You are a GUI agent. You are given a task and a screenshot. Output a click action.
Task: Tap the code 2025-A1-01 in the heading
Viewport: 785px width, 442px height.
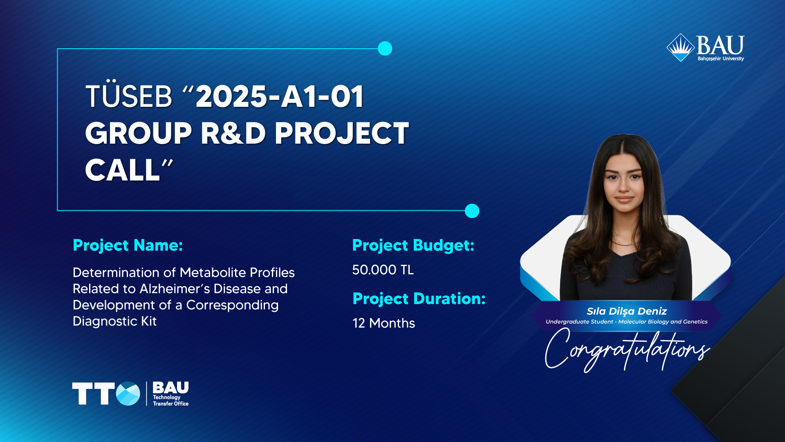(280, 97)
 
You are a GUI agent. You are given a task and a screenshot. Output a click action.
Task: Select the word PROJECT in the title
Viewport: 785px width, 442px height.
(341, 133)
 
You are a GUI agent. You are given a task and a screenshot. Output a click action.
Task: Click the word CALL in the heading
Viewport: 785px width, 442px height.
(122, 170)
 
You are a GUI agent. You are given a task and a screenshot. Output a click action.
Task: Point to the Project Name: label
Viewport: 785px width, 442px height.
(128, 246)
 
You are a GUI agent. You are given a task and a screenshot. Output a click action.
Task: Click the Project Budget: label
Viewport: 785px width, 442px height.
(413, 246)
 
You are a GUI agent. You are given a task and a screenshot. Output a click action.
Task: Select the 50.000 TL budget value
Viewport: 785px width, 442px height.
(383, 270)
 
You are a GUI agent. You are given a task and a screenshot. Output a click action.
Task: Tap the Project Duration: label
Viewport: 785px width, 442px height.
(419, 299)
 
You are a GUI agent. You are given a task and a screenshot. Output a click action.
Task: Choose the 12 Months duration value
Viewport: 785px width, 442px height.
(384, 323)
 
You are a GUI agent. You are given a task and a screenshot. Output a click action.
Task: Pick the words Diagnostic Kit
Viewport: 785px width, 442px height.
(114, 321)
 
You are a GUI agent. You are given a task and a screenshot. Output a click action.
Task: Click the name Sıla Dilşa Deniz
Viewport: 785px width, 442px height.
(627, 311)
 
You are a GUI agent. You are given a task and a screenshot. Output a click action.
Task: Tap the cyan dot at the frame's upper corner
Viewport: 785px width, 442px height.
(385, 48)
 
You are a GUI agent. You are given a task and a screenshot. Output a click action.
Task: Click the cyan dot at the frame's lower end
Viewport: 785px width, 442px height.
(472, 211)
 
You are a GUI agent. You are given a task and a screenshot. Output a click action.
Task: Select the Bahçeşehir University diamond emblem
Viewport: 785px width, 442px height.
(681, 47)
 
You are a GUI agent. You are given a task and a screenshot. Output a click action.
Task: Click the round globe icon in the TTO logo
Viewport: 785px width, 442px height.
(128, 394)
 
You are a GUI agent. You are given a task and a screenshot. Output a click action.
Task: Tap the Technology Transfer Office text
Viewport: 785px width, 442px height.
(170, 400)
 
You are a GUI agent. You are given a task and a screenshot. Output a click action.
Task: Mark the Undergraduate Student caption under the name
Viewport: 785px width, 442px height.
(626, 322)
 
